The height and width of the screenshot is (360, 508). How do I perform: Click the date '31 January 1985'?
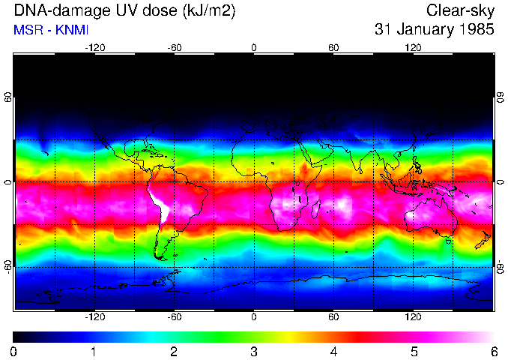(x=435, y=31)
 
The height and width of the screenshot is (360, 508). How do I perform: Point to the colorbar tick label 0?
(x=13, y=351)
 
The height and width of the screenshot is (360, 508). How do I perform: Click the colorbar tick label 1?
(x=94, y=351)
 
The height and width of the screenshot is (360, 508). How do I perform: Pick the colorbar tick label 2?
(x=173, y=351)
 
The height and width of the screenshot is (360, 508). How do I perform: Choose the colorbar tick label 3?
(x=253, y=351)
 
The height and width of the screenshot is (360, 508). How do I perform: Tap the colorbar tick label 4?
(x=333, y=351)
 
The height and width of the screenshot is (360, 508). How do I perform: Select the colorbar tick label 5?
(x=414, y=351)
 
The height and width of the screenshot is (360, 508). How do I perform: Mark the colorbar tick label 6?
(x=493, y=351)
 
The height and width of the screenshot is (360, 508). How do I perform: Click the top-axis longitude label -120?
(x=94, y=48)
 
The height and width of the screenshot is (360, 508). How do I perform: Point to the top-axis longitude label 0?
(x=254, y=48)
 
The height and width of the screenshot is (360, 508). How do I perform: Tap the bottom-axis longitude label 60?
(x=333, y=317)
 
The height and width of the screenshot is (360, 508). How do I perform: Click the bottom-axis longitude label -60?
(x=174, y=317)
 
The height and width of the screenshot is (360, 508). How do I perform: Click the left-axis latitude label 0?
(x=8, y=182)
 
